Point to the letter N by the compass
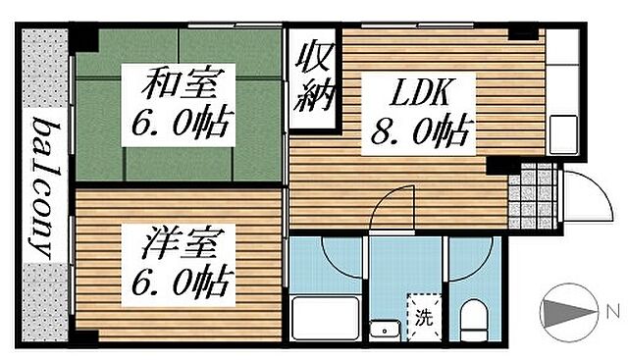[612, 313]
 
